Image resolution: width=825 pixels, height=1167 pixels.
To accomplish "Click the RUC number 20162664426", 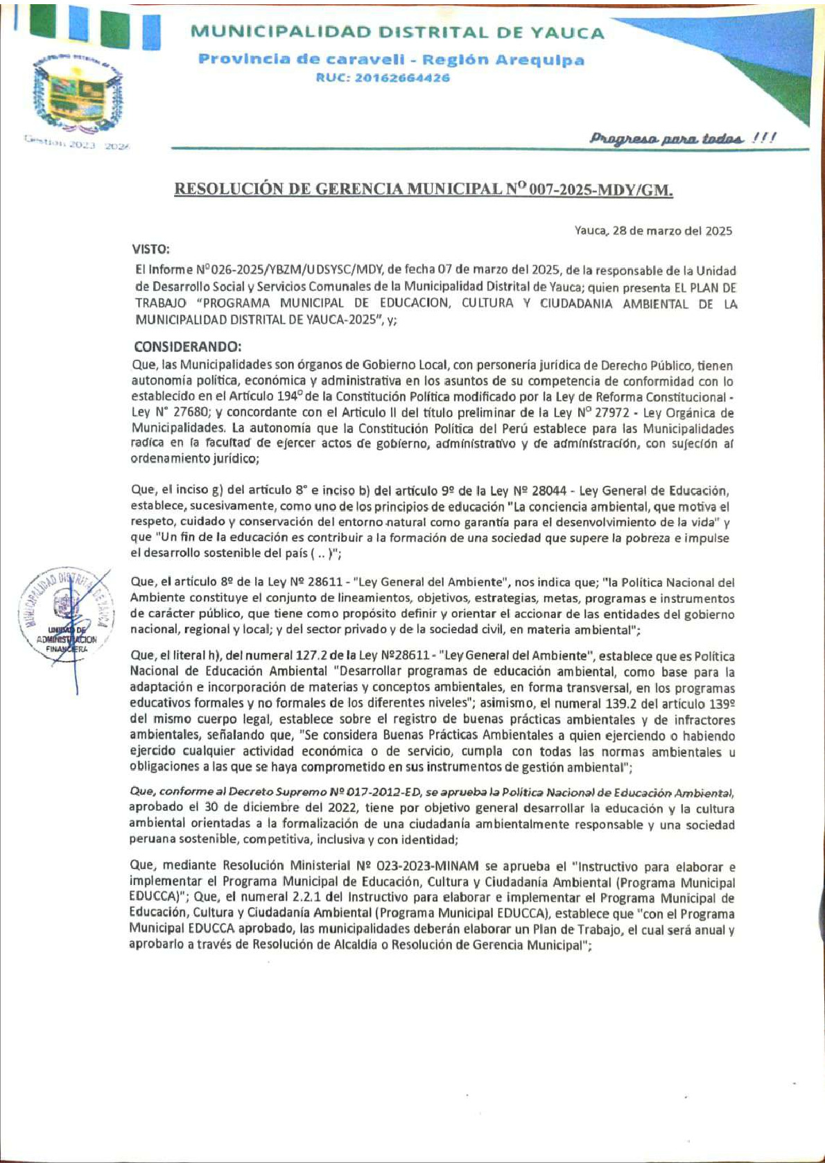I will pyautogui.click(x=383, y=78).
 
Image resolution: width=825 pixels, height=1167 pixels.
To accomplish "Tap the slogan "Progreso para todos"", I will pyautogui.click(x=683, y=138).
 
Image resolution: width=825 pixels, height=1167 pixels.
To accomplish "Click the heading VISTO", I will pyautogui.click(x=151, y=249).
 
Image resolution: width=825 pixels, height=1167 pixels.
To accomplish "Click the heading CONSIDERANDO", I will pyautogui.click(x=187, y=347).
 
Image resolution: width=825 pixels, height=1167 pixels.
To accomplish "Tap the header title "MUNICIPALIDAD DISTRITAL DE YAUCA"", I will pyautogui.click(x=397, y=32).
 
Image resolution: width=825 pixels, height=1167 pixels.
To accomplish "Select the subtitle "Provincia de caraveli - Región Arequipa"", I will pyautogui.click(x=391, y=60).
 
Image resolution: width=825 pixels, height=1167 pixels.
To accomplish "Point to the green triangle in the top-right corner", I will pyautogui.click(x=763, y=62).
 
